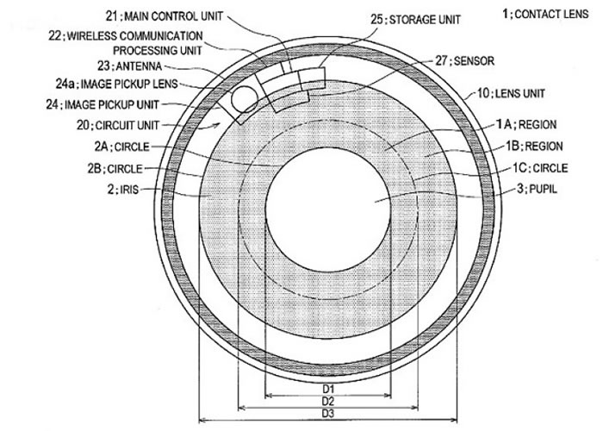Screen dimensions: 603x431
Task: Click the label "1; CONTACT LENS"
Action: (x=545, y=15)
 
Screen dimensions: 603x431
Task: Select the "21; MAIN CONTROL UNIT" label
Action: (x=165, y=16)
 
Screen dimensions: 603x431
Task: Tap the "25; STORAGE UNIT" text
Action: (x=415, y=20)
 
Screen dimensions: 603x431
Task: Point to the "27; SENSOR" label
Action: (x=464, y=61)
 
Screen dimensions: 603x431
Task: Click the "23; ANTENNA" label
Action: (x=129, y=66)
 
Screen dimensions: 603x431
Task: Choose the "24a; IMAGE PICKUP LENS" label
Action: (x=117, y=84)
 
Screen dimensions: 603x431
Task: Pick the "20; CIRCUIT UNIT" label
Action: (x=118, y=125)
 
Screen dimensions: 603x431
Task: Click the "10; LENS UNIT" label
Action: (x=511, y=93)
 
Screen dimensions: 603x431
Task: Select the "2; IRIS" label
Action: (x=122, y=190)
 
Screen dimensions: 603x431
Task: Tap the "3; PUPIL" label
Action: (x=537, y=189)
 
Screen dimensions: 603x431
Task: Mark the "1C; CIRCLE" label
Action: (x=540, y=168)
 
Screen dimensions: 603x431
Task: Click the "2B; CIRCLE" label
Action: (x=115, y=169)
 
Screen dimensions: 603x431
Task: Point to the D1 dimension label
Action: (x=328, y=389)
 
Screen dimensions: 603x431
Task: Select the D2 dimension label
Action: (x=328, y=402)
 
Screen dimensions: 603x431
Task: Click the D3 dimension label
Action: (x=328, y=414)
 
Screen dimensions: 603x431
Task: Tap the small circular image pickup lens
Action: (x=245, y=99)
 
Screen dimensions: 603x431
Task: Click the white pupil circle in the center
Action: (x=328, y=209)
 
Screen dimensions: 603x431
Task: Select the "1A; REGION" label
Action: (x=526, y=125)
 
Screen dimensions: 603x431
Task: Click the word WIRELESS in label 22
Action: (x=92, y=36)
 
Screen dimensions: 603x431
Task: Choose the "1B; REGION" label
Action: (x=534, y=147)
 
